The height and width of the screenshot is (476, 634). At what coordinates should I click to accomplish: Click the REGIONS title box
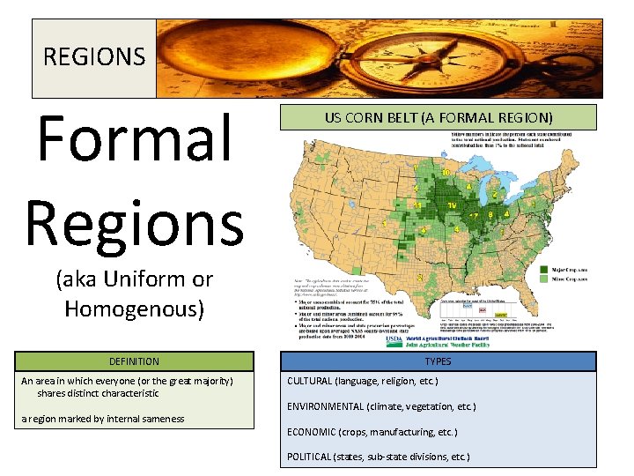coord(94,57)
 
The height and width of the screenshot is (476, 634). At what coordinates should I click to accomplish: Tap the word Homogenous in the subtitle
coord(134,309)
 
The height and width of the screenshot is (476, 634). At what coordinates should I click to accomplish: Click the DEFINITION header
coord(134,361)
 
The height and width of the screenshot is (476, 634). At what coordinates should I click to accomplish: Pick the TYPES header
coord(438,361)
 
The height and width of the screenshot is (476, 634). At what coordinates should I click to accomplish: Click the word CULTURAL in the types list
coord(310,381)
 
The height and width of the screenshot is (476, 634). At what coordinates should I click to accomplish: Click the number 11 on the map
coord(417,205)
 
